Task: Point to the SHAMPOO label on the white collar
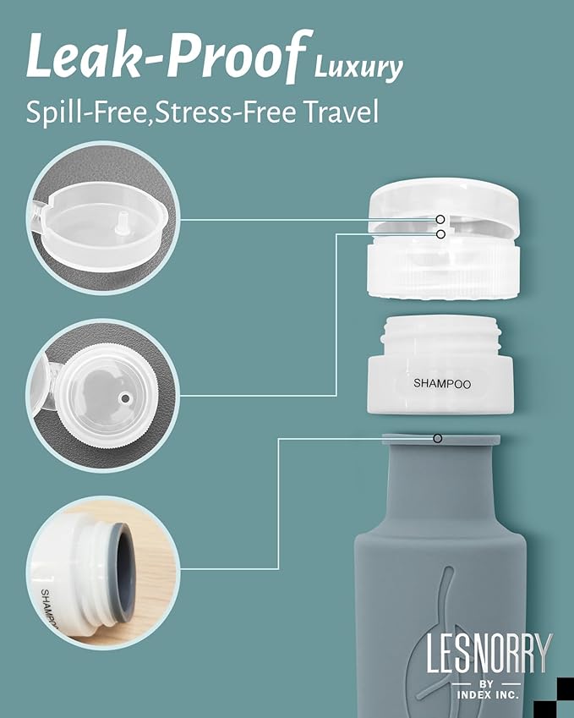[x=441, y=383]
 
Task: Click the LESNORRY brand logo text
[x=489, y=653]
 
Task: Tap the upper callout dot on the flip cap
[x=440, y=218]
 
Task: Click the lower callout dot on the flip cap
[x=440, y=233]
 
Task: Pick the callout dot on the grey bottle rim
[x=437, y=438]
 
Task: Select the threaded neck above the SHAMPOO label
[x=440, y=331]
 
